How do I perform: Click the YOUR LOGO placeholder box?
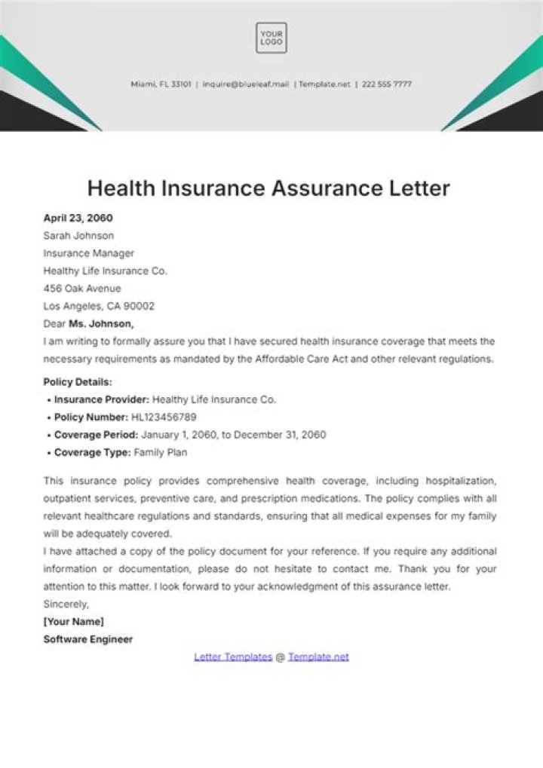(271, 38)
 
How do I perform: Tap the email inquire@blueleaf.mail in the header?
(245, 84)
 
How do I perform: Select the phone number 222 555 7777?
(386, 84)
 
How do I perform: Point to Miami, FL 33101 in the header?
(161, 84)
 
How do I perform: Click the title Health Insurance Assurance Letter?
(268, 188)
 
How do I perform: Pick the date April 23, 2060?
(78, 218)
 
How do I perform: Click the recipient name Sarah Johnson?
(78, 236)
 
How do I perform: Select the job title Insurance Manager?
(89, 253)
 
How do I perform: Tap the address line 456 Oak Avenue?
(82, 289)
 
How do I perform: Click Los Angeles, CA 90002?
(99, 306)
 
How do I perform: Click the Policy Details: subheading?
(78, 382)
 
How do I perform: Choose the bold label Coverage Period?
(96, 435)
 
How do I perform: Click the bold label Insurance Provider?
(101, 399)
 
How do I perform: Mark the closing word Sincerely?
(66, 604)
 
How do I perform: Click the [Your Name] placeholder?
(74, 622)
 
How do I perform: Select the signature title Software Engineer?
(88, 639)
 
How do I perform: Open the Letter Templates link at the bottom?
(233, 656)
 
